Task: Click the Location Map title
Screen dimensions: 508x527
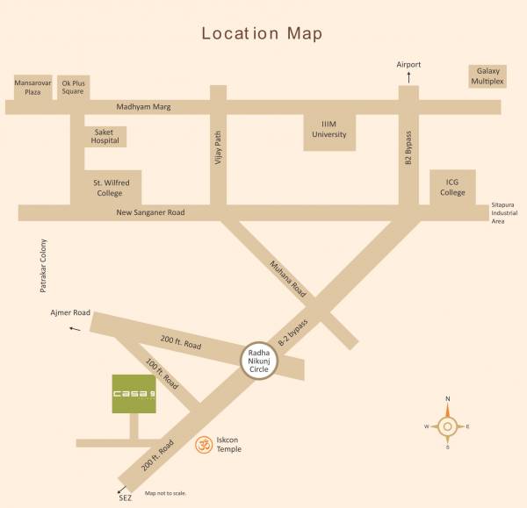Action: click(262, 34)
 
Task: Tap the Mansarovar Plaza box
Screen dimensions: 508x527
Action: click(32, 87)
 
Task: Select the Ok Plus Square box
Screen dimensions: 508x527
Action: click(73, 87)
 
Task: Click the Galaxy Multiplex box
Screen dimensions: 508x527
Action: click(487, 75)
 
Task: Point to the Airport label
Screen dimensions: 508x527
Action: click(408, 65)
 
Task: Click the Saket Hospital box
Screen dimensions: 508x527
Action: click(105, 136)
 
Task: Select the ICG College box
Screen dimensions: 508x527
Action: click(452, 188)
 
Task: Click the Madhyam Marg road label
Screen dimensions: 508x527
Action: click(143, 107)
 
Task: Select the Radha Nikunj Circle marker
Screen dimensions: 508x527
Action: click(259, 359)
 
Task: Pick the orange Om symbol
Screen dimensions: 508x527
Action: click(203, 444)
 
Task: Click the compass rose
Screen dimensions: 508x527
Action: click(447, 427)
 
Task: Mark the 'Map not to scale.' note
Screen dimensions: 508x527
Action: click(165, 494)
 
